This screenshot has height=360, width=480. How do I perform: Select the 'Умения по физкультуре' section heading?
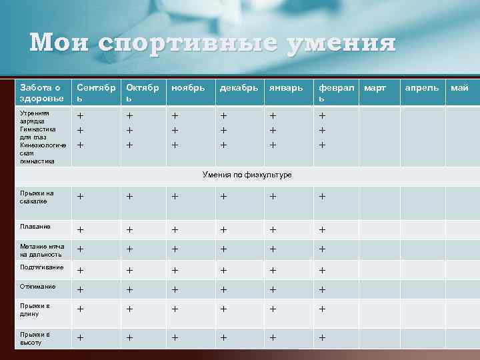point(246,175)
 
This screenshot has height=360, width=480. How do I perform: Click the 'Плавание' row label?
point(35,227)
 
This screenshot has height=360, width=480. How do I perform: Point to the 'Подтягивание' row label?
point(41,267)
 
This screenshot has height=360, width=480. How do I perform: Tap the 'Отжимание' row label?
point(37,286)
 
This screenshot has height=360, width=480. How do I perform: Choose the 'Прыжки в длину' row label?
point(35,310)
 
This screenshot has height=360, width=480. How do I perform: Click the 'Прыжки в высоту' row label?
point(35,338)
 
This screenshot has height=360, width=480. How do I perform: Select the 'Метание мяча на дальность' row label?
point(41,250)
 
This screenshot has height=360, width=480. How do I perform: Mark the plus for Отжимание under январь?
point(273,290)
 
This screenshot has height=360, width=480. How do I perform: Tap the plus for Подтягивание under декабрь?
point(224,271)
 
